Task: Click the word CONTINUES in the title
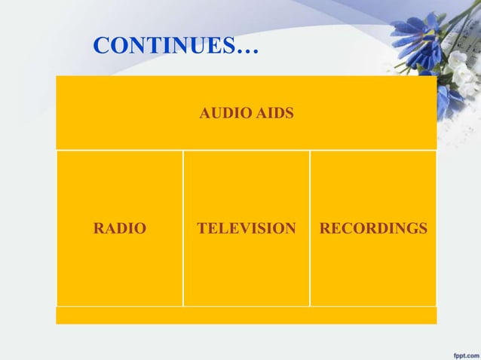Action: click(163, 47)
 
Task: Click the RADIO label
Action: click(120, 227)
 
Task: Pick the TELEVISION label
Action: click(247, 227)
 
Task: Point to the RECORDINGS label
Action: click(373, 227)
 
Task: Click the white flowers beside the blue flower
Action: click(458, 64)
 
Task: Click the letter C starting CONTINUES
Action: click(100, 47)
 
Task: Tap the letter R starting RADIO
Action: click(97, 227)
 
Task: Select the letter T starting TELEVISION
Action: click(201, 227)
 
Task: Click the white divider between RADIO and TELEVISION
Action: click(183, 227)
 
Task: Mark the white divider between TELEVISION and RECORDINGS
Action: click(310, 227)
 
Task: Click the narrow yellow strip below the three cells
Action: click(246, 316)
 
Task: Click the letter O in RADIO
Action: click(141, 227)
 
